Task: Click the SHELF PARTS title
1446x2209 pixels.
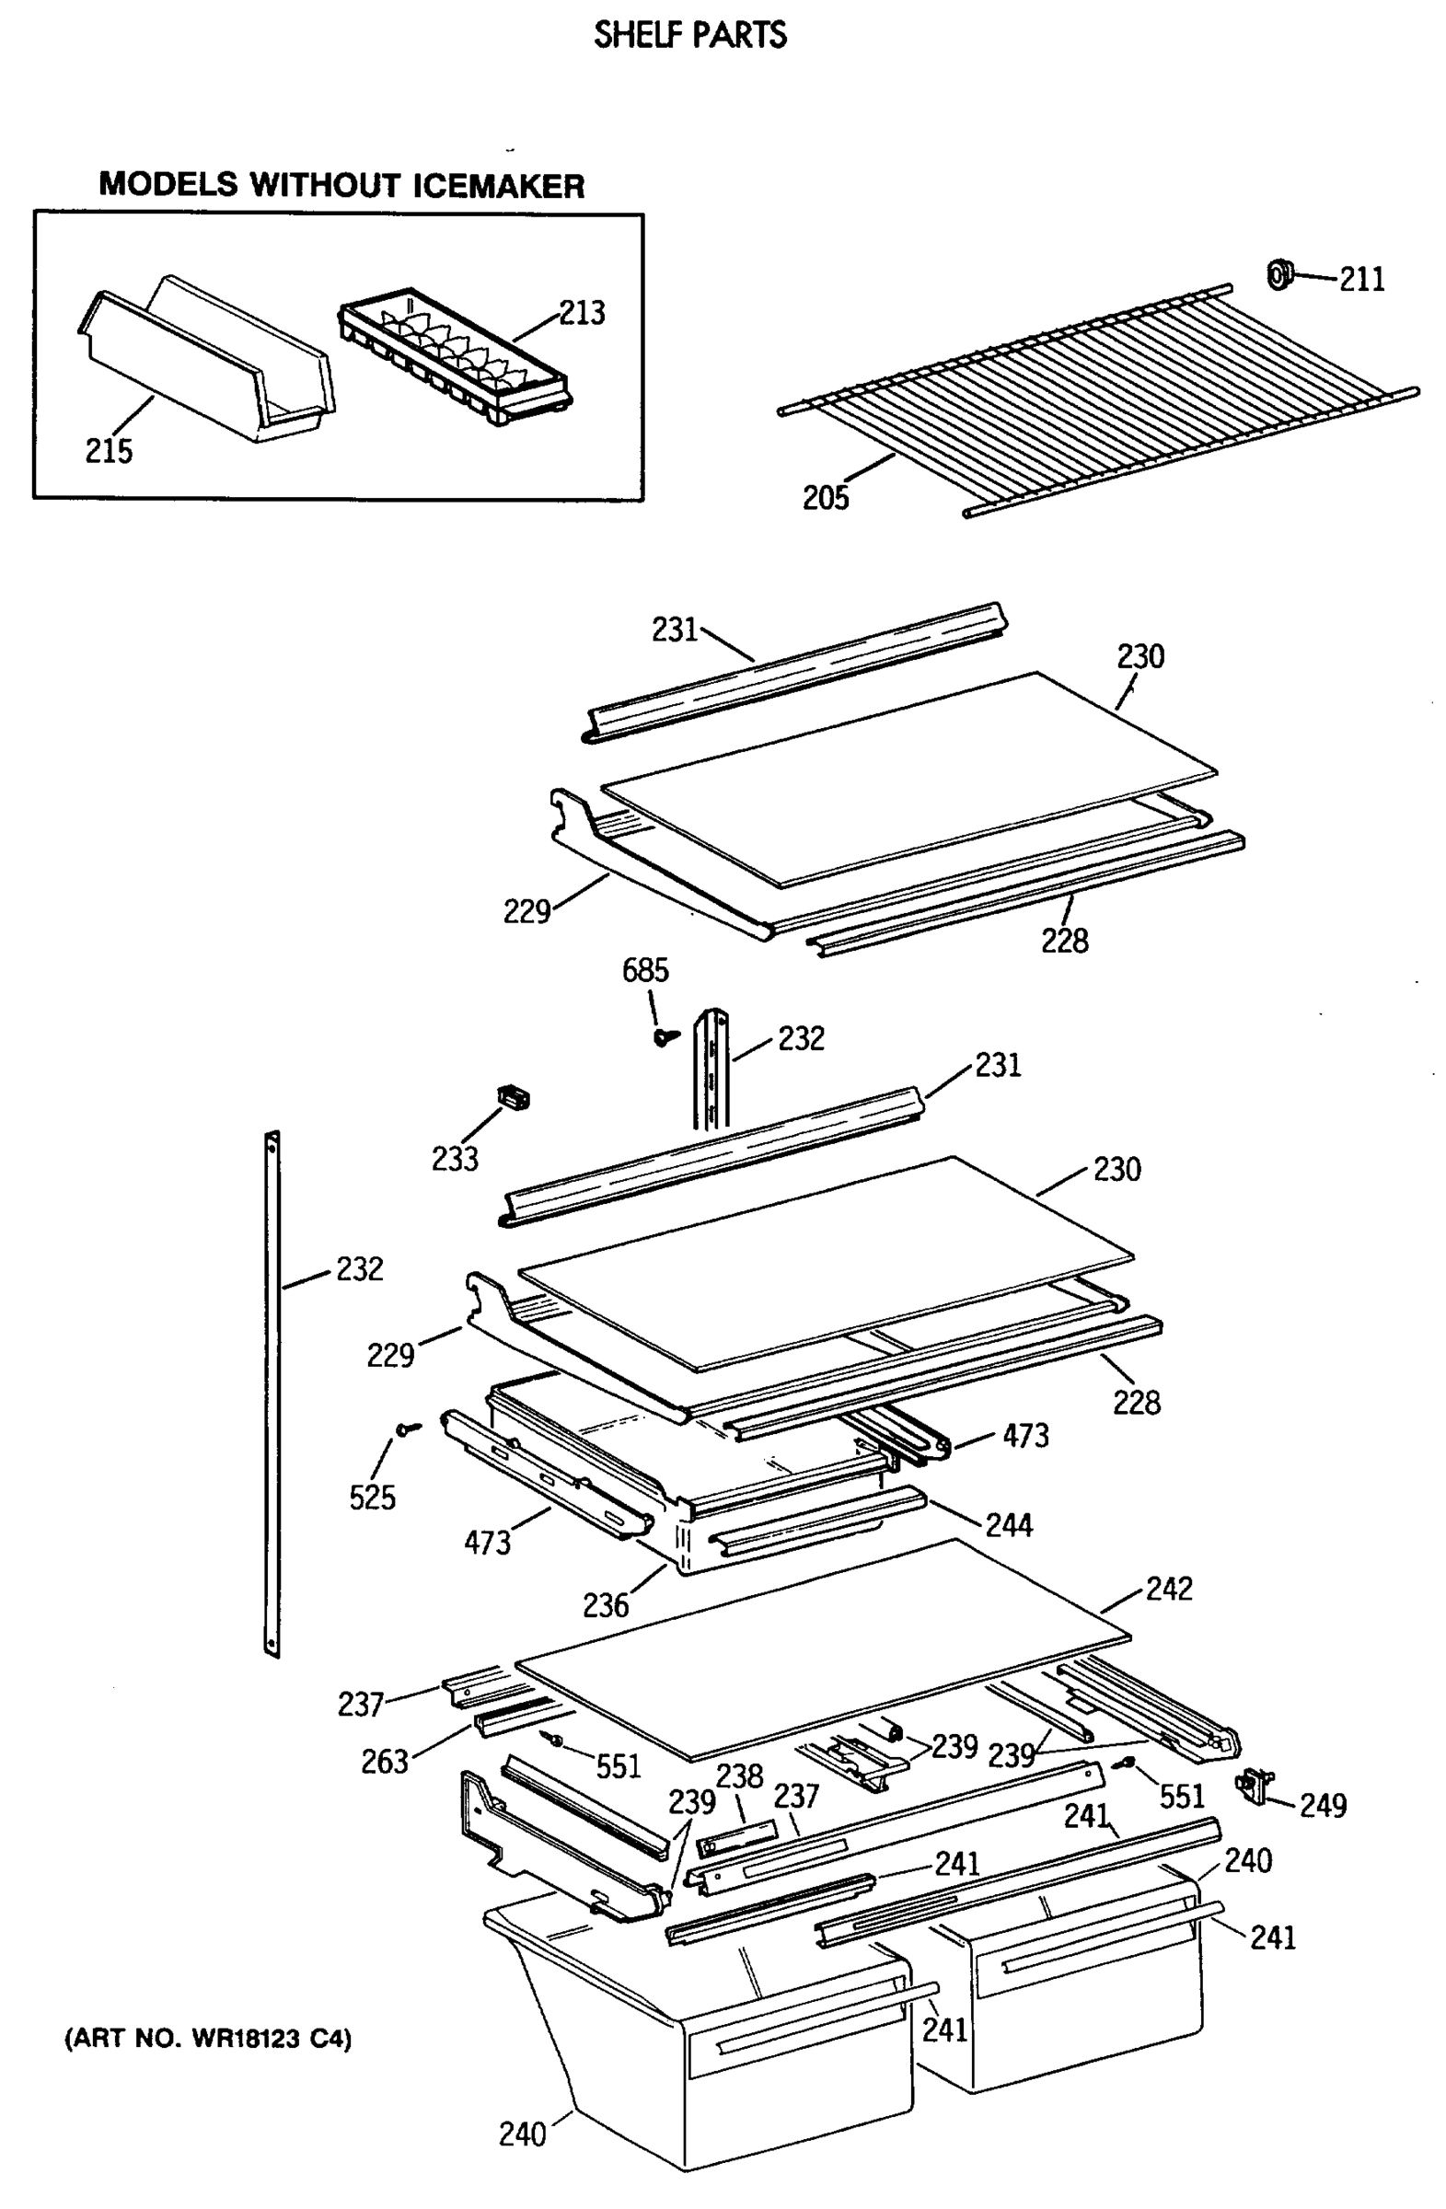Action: tap(689, 35)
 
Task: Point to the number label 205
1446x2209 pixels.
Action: tap(825, 499)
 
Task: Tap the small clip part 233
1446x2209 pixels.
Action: tap(514, 1097)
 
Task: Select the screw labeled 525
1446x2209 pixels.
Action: tap(407, 1429)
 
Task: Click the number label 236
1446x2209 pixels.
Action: tap(605, 1605)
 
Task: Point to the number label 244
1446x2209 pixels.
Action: tap(1009, 1524)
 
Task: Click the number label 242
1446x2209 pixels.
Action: tap(1169, 1588)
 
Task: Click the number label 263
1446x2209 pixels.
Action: tap(384, 1761)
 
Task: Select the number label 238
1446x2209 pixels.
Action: tap(739, 1775)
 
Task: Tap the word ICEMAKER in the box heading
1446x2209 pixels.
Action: tap(498, 186)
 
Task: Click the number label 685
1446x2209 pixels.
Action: tap(644, 971)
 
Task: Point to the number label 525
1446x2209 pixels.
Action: tap(371, 1498)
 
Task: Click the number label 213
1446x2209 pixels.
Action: tap(581, 313)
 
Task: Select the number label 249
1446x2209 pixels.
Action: tap(1323, 1805)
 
